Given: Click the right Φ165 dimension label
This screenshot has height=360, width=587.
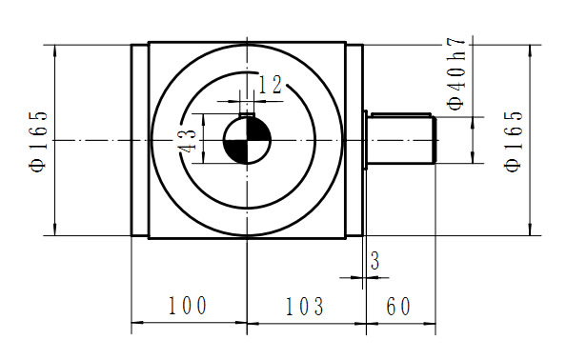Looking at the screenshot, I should (x=516, y=140).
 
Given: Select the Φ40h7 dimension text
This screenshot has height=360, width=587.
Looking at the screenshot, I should (x=457, y=75).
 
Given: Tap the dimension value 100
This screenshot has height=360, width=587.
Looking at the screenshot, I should (x=188, y=307).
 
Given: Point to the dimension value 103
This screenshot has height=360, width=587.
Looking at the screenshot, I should (x=305, y=307).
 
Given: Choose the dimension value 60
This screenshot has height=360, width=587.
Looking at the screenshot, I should (x=398, y=307).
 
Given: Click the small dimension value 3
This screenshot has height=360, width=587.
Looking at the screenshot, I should (x=374, y=260).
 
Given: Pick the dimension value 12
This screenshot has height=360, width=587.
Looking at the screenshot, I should (x=271, y=85).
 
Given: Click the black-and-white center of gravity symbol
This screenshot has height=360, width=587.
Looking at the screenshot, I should (x=247, y=140).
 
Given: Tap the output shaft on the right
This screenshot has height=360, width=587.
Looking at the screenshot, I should (x=400, y=140).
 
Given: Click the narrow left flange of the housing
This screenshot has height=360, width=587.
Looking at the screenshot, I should (x=140, y=140).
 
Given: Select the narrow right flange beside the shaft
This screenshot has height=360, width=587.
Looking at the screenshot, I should (x=354, y=140).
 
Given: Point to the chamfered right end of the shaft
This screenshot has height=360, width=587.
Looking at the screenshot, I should (x=435, y=140).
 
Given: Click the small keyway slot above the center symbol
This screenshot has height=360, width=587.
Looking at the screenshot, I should (x=247, y=110).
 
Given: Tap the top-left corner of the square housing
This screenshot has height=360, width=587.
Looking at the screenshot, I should (x=150, y=42).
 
